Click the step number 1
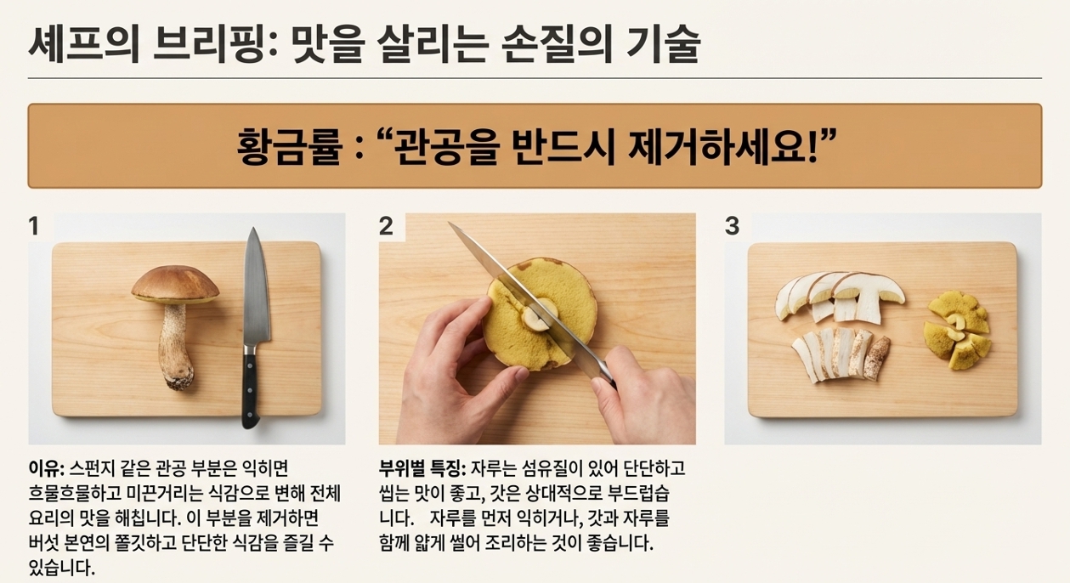pyautogui.click(x=33, y=226)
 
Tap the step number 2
pyautogui.click(x=386, y=226)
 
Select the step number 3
pyautogui.click(x=732, y=226)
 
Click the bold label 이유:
pyautogui.click(x=47, y=469)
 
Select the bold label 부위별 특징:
pyautogui.click(x=422, y=469)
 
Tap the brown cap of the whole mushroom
pyautogui.click(x=175, y=284)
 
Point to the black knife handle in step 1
pyautogui.click(x=251, y=389)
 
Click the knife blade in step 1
pyautogui.click(x=256, y=286)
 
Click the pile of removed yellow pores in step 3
pyautogui.click(x=957, y=331)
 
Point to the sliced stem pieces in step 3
pyautogui.click(x=841, y=354)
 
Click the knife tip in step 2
pyautogui.click(x=449, y=223)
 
